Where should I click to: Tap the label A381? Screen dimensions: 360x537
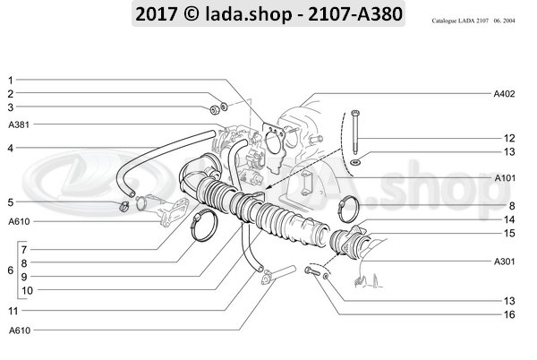[x=17, y=124]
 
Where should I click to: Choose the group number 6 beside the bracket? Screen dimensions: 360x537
[x=9, y=269]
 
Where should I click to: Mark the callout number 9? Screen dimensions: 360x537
[x=25, y=276]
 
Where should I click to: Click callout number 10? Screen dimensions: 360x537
[x=27, y=290]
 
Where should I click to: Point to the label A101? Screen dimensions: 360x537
[x=504, y=178]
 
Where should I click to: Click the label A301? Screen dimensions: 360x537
[x=504, y=262]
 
